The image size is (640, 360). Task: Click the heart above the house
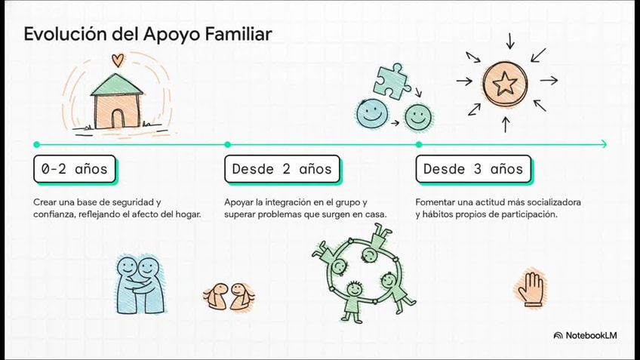[x=116, y=60]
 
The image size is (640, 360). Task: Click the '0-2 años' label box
[x=75, y=169]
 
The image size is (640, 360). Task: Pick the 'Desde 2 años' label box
[x=282, y=169]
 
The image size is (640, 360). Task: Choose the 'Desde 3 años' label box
[x=473, y=169]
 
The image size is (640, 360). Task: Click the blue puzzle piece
[x=392, y=81]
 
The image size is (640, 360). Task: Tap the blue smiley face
[x=371, y=115]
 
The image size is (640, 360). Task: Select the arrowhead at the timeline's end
[x=603, y=144]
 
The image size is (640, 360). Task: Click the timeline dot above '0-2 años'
[x=36, y=144]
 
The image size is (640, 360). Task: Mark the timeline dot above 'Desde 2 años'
[x=228, y=144]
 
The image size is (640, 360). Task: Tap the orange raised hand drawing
[x=531, y=288]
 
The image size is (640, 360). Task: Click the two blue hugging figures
[x=140, y=285]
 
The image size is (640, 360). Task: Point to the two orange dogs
[x=229, y=295]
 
